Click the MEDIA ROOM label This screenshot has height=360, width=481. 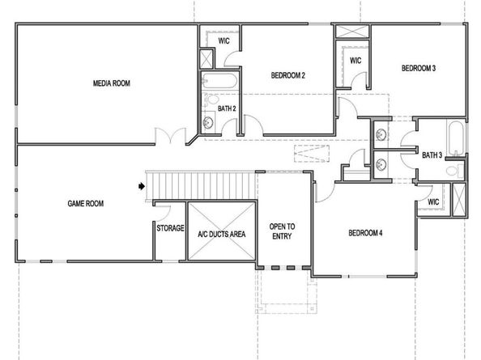(x=112, y=83)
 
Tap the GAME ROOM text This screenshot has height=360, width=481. (x=86, y=204)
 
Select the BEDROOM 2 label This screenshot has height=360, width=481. (x=287, y=76)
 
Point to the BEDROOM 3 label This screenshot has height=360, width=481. (x=419, y=69)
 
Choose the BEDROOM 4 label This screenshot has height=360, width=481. (x=365, y=233)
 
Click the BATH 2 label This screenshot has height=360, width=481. (x=226, y=107)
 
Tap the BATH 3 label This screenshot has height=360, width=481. (x=432, y=155)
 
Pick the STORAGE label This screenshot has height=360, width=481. (x=170, y=229)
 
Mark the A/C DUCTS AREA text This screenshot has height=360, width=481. (x=221, y=234)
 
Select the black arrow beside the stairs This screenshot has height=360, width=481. (x=141, y=186)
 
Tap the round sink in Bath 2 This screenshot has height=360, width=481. (x=208, y=122)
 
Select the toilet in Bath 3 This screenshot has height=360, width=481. (x=458, y=170)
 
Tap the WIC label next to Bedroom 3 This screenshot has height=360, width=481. (x=355, y=61)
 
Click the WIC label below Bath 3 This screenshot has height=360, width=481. (x=433, y=201)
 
